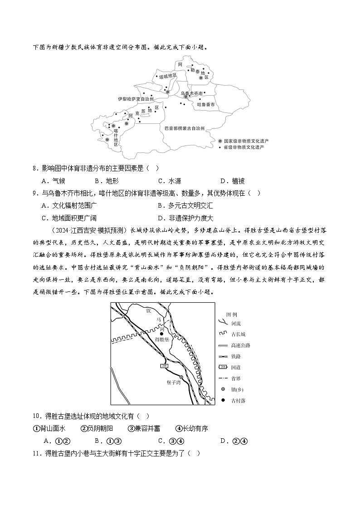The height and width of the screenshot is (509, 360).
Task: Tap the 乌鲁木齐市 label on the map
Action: pos(192,93)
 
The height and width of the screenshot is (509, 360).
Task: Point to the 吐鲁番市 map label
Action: pos(205,104)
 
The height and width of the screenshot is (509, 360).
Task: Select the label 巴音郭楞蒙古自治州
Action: pos(185,129)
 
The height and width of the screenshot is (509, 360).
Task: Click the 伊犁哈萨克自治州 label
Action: pos(136,98)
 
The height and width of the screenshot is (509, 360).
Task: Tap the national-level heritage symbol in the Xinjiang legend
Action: pos(220,141)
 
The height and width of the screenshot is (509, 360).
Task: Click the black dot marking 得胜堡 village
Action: pos(162,334)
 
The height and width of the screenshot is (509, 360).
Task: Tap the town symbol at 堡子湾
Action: pos(181,377)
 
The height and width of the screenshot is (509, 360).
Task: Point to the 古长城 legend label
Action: pos(238,334)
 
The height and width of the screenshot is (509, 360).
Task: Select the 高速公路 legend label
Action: pos(240,345)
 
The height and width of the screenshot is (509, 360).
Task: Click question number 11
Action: pos(37,453)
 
